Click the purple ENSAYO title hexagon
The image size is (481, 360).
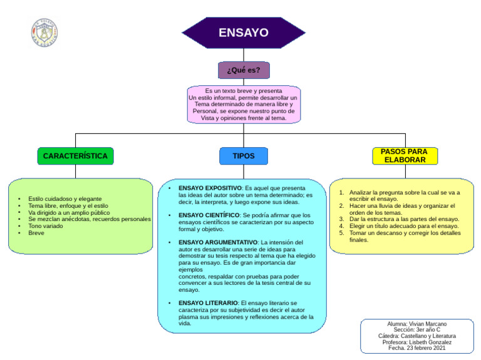243,33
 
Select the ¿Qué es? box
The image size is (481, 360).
243,70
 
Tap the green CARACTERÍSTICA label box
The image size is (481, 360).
75,156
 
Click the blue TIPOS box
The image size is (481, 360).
243,156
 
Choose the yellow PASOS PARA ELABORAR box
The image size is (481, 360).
405,156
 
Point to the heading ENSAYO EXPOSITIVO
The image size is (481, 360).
210,188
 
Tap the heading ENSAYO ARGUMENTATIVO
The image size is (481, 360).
218,242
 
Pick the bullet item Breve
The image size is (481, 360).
36,233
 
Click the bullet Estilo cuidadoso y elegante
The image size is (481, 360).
65,198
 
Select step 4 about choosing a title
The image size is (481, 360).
404,226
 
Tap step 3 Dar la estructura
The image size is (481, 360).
404,219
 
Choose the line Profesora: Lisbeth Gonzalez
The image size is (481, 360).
416,342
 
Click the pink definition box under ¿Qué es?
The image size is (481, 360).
243,104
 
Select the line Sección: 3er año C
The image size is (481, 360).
416,330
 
